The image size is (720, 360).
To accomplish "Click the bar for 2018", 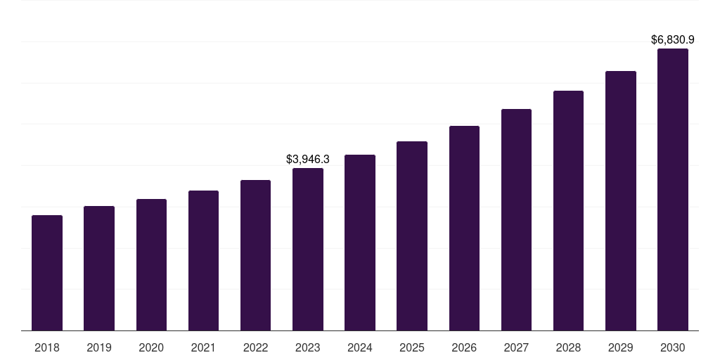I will click(47, 273).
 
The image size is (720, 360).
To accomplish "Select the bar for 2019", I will click(99, 268).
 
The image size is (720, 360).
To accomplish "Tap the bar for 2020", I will click(151, 264).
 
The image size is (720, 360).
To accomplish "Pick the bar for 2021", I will click(203, 260).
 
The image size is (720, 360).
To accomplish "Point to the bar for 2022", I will click(255, 255).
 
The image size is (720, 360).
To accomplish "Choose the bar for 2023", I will click(308, 249).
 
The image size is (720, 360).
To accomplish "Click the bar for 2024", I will click(360, 243).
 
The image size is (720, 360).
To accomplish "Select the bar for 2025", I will click(412, 236).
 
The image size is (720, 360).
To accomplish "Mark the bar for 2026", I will click(464, 228).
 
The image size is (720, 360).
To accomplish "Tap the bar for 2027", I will click(516, 219).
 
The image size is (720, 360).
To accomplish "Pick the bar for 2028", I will click(568, 210).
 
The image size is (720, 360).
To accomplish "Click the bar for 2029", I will click(620, 200).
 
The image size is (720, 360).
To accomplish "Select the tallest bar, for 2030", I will click(672, 189).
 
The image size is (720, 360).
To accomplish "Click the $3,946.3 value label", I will click(308, 160).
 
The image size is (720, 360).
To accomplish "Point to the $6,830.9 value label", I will click(673, 40).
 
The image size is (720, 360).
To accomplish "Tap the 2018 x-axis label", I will click(47, 347).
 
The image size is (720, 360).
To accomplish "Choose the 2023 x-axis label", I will click(308, 347).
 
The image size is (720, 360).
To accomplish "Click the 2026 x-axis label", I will click(464, 347).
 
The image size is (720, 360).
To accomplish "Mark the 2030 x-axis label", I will click(672, 347).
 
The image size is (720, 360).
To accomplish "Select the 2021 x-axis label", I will click(203, 347).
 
